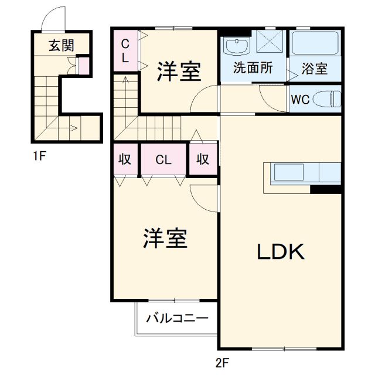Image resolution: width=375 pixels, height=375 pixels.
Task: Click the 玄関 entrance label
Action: [x=61, y=45]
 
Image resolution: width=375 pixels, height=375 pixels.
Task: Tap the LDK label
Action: [x=280, y=252]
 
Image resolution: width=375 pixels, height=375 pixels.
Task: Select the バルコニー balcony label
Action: [x=177, y=319]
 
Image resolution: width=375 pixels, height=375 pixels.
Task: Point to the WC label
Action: [x=301, y=99]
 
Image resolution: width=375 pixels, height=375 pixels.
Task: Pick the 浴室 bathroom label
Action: [x=315, y=69]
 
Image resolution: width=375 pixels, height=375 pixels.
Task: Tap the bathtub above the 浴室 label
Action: [x=315, y=43]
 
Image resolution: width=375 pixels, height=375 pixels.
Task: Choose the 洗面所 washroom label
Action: [x=253, y=68]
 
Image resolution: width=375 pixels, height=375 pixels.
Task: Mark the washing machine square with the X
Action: [x=270, y=42]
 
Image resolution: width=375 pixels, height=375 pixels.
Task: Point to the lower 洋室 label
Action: [x=165, y=239]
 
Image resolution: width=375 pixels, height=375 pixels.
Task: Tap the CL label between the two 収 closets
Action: [x=163, y=159]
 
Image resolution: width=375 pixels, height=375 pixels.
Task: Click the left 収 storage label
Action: [x=125, y=159]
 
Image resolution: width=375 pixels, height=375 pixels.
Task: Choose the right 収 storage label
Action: [x=203, y=159]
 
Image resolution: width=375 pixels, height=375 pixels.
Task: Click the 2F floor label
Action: [x=221, y=363]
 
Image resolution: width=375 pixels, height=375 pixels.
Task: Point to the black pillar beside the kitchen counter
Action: [x=326, y=189]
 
